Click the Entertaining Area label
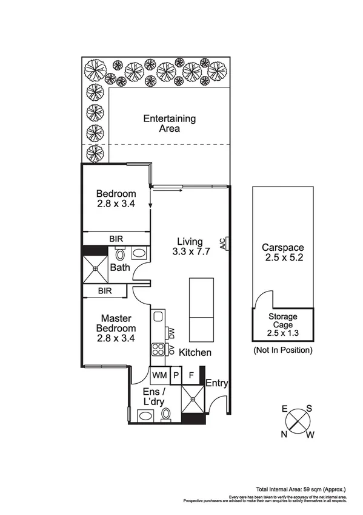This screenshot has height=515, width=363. coord(161,123)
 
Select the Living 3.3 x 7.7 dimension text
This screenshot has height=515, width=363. coord(190,247)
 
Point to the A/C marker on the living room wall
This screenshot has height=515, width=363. coord(224,244)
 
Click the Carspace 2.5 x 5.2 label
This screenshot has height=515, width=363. coord(282,253)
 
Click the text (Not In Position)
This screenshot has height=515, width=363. coord(283,350)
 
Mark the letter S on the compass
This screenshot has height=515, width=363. coord(308,408)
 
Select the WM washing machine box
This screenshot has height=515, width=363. coord(159,375)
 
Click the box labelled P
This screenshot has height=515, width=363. coord(176,375)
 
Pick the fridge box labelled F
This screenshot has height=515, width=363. coord(191,375)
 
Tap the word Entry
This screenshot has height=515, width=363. coord(216,383)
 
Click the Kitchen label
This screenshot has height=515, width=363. coord(195,352)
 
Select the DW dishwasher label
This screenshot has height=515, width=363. coord(172,333)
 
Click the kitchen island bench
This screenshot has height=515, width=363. coord(201,309)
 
